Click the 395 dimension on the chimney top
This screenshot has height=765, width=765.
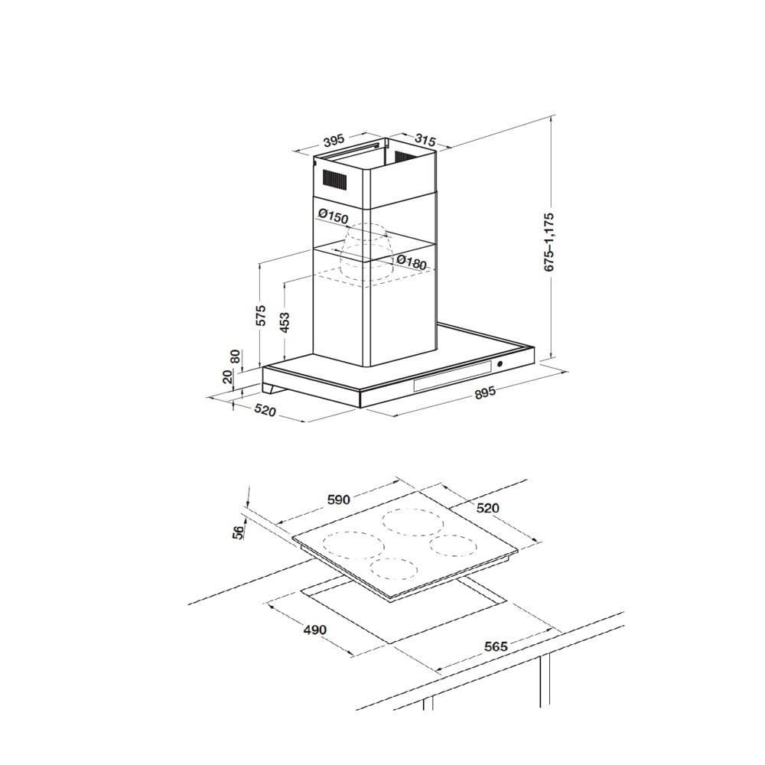pyautogui.click(x=334, y=141)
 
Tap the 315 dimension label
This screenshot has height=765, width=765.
pyautogui.click(x=425, y=139)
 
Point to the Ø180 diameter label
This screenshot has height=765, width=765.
pyautogui.click(x=412, y=262)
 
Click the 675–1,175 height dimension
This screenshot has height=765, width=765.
pyautogui.click(x=550, y=241)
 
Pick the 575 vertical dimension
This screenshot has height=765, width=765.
pyautogui.click(x=261, y=316)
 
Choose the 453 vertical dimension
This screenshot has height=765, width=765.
pyautogui.click(x=285, y=322)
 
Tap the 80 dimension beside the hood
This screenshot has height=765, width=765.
pyautogui.click(x=236, y=356)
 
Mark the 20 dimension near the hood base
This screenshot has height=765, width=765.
pyautogui.click(x=228, y=376)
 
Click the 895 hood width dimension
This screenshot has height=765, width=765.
pyautogui.click(x=486, y=392)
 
